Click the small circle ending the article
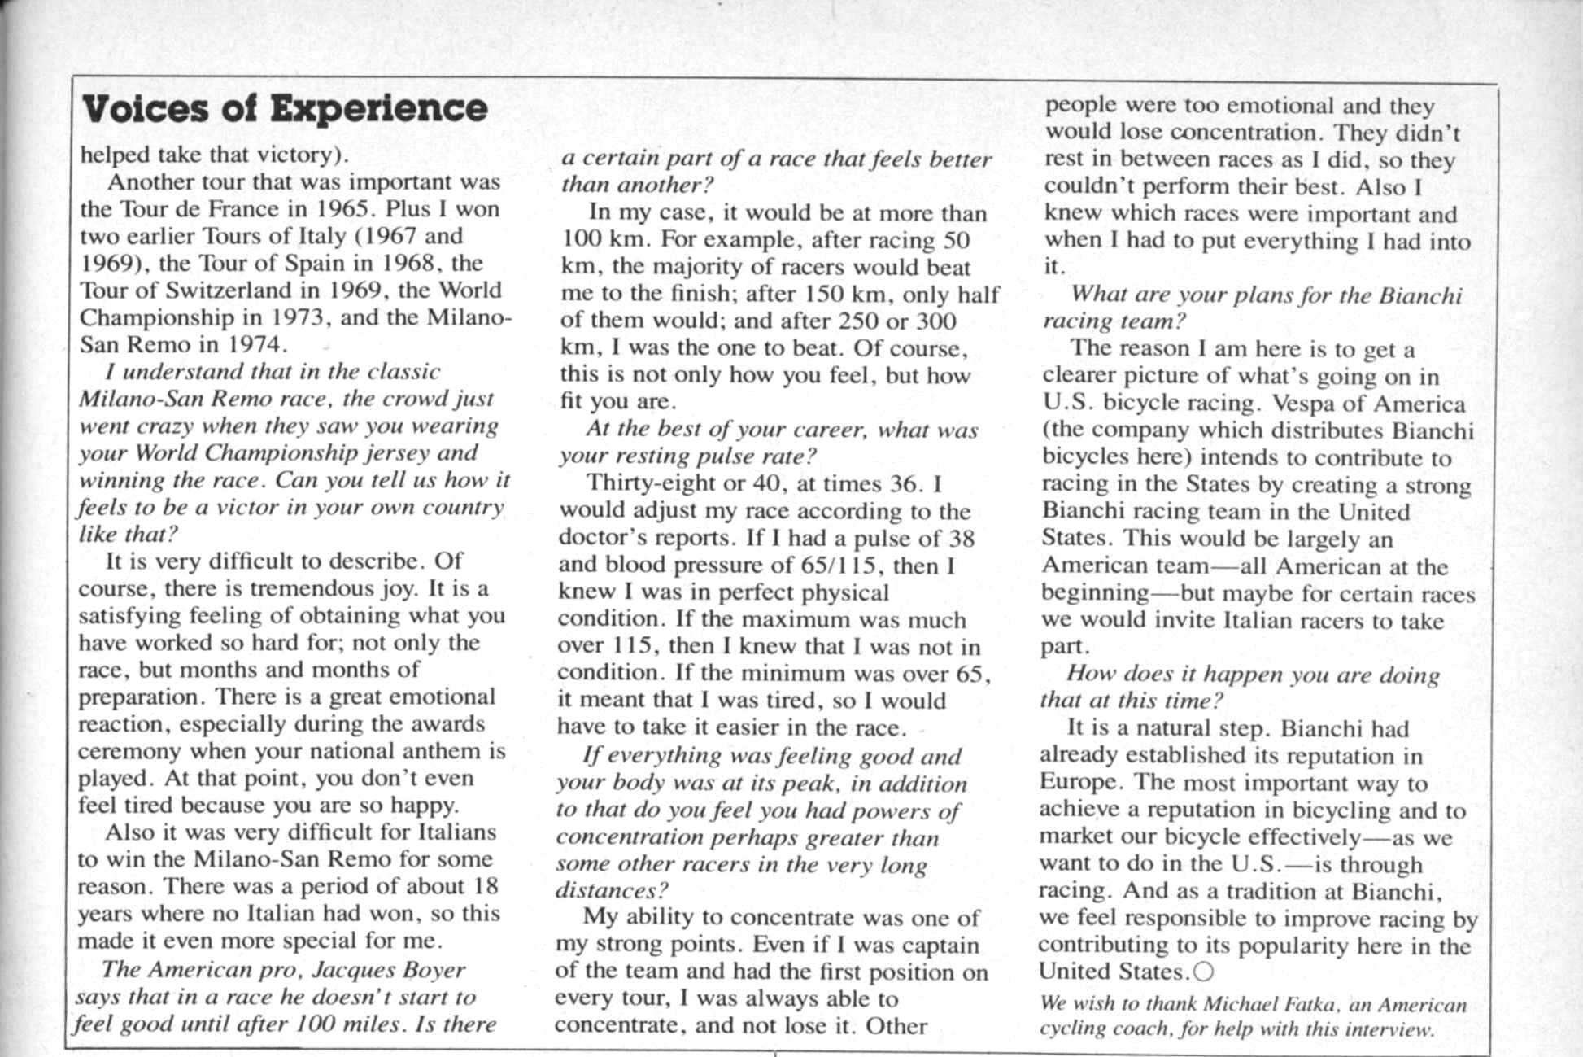[x=1204, y=972]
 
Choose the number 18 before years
[x=485, y=886]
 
